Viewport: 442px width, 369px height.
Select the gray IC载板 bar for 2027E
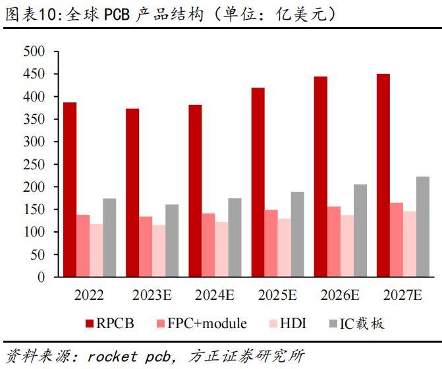(x=422, y=227)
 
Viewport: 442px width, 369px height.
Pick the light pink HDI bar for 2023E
(x=159, y=251)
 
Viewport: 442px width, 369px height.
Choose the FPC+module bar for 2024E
(x=208, y=245)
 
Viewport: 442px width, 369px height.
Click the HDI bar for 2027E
(x=409, y=244)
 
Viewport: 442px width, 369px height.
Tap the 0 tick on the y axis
(x=40, y=277)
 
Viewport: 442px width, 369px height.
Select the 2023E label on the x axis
(x=152, y=295)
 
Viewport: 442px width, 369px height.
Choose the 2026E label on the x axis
(x=340, y=295)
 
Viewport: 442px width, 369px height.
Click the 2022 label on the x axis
(x=89, y=295)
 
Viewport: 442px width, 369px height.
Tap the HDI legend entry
(x=287, y=324)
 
